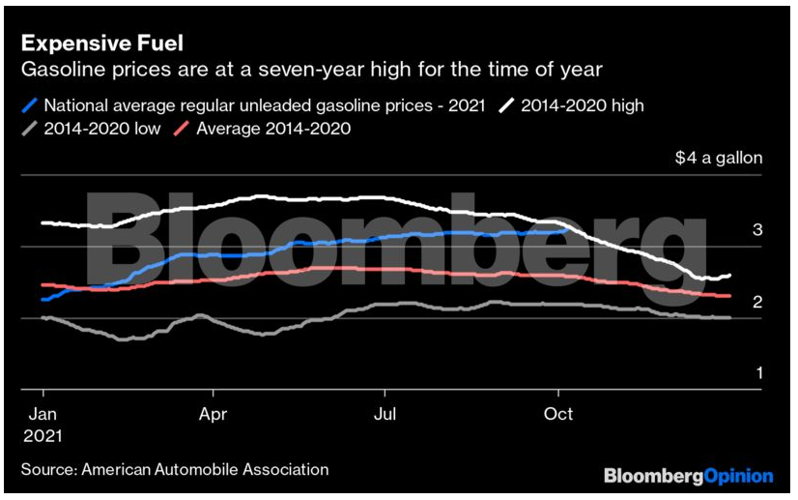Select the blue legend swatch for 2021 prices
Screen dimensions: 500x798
pyautogui.click(x=32, y=104)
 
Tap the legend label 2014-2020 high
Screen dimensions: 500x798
pyautogui.click(x=582, y=104)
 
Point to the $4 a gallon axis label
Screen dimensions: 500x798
pyautogui.click(x=718, y=158)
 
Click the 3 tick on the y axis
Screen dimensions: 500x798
pyautogui.click(x=757, y=229)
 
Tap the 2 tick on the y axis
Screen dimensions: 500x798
pyautogui.click(x=757, y=302)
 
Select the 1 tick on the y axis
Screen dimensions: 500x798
pyautogui.click(x=757, y=373)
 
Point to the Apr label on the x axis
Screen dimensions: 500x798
pyautogui.click(x=213, y=414)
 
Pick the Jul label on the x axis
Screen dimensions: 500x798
pyautogui.click(x=385, y=414)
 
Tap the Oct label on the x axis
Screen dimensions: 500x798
pyautogui.click(x=558, y=414)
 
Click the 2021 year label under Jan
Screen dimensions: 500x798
pyautogui.click(x=43, y=435)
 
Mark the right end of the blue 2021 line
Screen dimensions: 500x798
pyautogui.click(x=567, y=229)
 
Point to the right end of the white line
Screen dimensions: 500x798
pyautogui.click(x=729, y=276)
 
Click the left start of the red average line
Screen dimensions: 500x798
pyautogui.click(x=42, y=284)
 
